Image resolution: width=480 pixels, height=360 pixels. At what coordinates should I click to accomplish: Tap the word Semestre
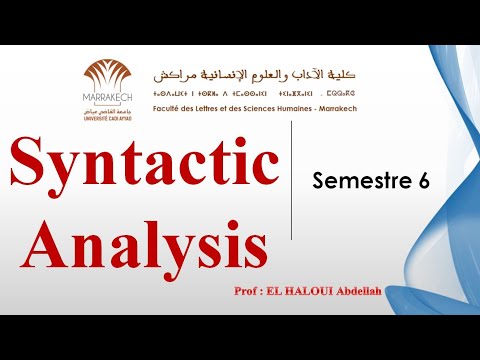point(355,181)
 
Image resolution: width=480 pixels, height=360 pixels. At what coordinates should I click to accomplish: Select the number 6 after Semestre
point(422,181)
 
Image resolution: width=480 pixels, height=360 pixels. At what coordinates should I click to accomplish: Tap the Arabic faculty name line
point(255,75)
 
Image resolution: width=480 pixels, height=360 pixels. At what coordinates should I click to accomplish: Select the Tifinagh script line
point(255,92)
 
